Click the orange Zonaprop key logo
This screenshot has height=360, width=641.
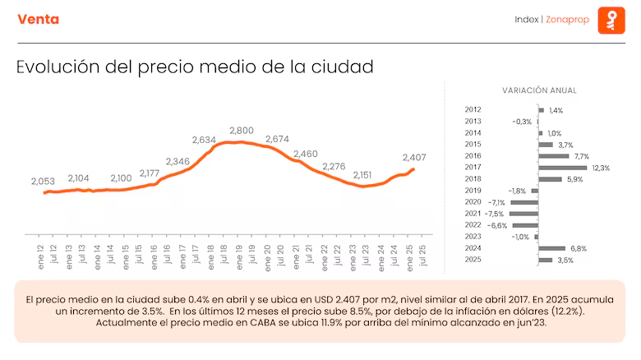(x=611, y=20)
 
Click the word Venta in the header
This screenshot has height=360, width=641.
(x=39, y=19)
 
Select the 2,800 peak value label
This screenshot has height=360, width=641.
(x=241, y=131)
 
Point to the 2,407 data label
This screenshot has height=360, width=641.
(x=414, y=158)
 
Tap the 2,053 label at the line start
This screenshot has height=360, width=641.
(x=43, y=181)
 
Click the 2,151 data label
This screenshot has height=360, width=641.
(x=362, y=175)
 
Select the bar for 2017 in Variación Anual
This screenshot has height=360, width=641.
(x=562, y=168)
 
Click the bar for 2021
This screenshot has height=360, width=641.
(x=523, y=214)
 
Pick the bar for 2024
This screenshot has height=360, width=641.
(x=552, y=248)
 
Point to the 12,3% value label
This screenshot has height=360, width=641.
(x=601, y=168)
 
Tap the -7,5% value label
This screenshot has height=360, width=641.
(x=494, y=214)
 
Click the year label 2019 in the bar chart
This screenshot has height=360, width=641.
(x=473, y=190)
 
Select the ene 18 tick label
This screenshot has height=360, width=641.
(x=211, y=257)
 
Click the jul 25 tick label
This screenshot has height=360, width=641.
(x=422, y=256)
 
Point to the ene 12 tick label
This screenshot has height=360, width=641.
(x=40, y=257)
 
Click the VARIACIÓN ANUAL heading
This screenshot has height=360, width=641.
(x=539, y=90)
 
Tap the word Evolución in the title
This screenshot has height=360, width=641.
(x=58, y=67)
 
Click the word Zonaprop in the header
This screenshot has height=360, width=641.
(x=567, y=20)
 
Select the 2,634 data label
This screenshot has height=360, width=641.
(x=204, y=140)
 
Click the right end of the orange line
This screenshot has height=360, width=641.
(x=414, y=169)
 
